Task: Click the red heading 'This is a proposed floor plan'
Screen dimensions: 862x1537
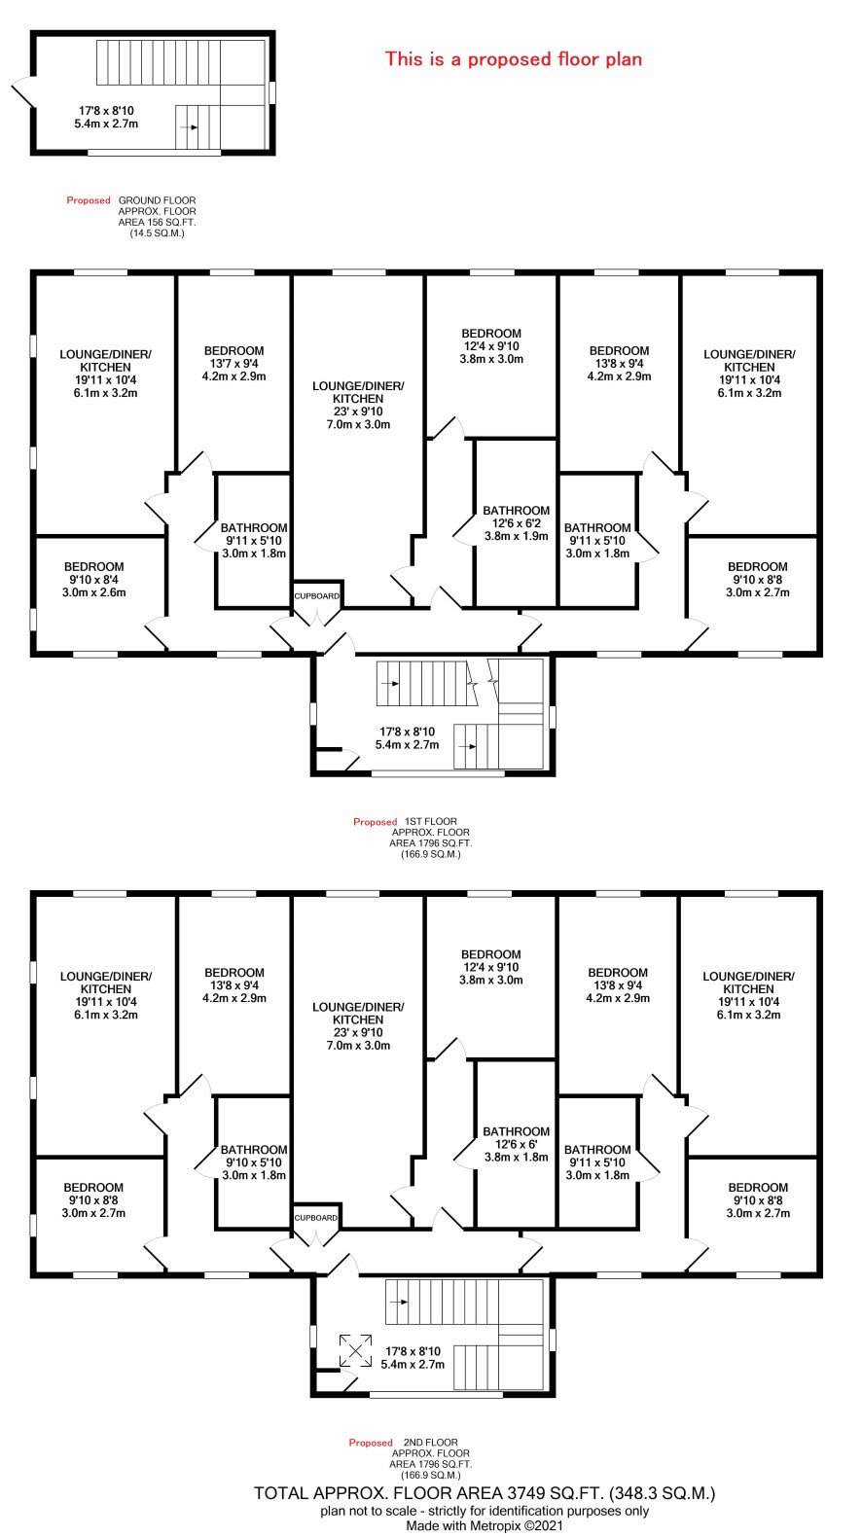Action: (x=514, y=59)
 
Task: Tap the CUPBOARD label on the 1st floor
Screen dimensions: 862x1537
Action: (x=316, y=595)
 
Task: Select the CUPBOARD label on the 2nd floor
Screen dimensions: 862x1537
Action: (x=315, y=1217)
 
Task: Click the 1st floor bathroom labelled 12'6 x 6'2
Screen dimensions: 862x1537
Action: (x=516, y=522)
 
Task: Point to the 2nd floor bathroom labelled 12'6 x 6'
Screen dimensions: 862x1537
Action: (x=516, y=1144)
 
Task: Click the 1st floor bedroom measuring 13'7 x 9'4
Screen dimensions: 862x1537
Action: (x=234, y=363)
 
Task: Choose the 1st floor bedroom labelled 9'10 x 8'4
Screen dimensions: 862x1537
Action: (x=94, y=579)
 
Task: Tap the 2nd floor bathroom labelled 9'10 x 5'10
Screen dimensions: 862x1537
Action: (x=254, y=1162)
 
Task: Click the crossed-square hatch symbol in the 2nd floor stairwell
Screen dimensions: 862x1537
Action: (x=355, y=1350)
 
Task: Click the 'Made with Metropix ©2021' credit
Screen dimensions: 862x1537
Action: (x=485, y=1526)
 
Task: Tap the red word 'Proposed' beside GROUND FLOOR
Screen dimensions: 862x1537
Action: (x=89, y=200)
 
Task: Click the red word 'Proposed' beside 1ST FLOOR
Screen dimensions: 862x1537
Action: (x=376, y=821)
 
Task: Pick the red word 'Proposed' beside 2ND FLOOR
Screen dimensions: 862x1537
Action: (x=371, y=1443)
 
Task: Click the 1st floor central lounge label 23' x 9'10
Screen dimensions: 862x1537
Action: (x=358, y=411)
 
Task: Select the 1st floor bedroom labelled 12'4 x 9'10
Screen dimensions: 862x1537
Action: (x=491, y=346)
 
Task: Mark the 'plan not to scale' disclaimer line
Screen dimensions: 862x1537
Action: (x=485, y=1511)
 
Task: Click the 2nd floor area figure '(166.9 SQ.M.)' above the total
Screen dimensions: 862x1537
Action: (x=431, y=1475)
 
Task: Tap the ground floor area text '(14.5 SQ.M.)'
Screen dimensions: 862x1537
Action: (x=158, y=232)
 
